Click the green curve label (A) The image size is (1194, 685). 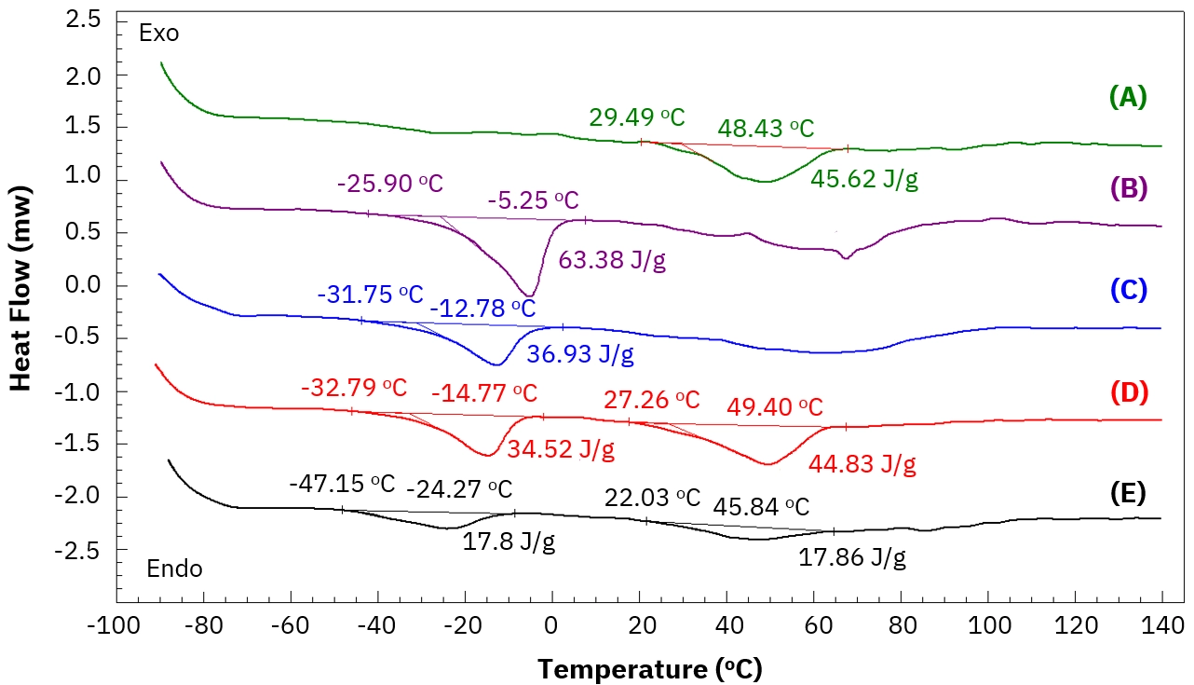tap(1128, 96)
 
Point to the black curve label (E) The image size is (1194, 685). tap(1128, 492)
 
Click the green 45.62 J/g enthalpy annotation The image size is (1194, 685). tap(864, 179)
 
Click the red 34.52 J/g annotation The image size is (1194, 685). tap(561, 451)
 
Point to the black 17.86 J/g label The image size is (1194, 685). tap(852, 557)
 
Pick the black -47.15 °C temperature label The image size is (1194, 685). tap(342, 484)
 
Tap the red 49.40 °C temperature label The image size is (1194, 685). tap(775, 407)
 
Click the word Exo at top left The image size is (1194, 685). tap(158, 34)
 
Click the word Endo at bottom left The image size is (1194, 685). tap(175, 569)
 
